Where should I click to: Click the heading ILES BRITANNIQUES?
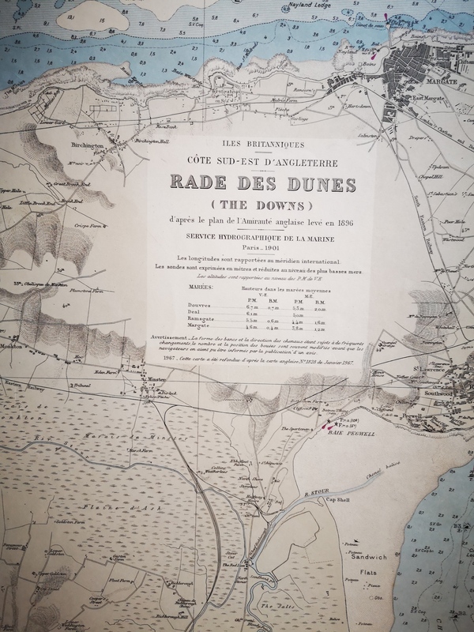coord(261,145)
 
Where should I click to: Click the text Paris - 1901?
coord(261,246)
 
